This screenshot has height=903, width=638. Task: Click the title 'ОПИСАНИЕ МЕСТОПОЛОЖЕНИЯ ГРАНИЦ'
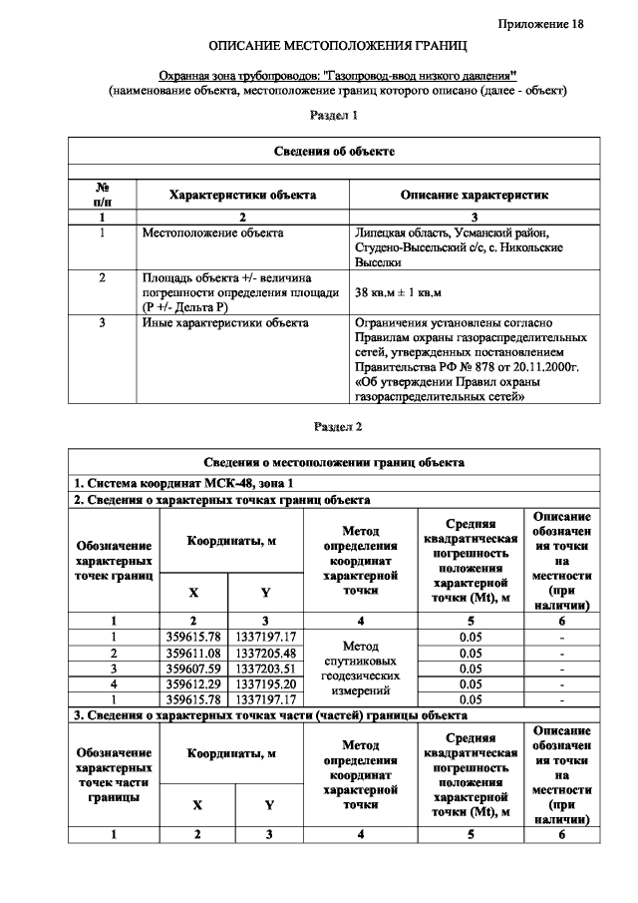[x=337, y=47]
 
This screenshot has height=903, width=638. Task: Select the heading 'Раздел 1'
[x=334, y=116]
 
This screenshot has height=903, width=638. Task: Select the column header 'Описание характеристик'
[x=474, y=196]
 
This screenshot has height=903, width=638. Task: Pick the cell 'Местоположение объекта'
[x=213, y=232]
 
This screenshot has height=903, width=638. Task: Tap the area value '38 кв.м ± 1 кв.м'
[x=399, y=292]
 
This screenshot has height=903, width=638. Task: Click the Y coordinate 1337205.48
[x=265, y=653]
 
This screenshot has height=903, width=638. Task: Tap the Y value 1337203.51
[x=265, y=668]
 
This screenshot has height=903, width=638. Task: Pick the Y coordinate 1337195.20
[x=265, y=683]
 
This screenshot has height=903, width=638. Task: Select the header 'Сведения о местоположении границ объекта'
[x=334, y=463]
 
